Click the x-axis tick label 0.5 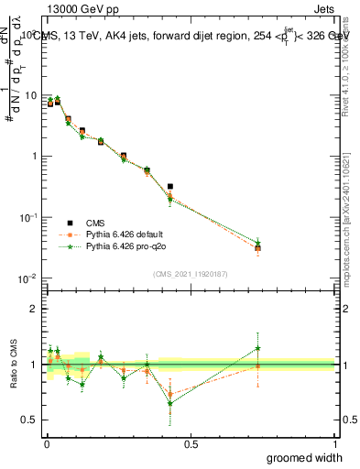click(191, 444)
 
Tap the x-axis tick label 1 click(335, 444)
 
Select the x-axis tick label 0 click(46, 444)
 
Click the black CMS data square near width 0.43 click(170, 186)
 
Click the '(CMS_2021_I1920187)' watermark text click(191, 273)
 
